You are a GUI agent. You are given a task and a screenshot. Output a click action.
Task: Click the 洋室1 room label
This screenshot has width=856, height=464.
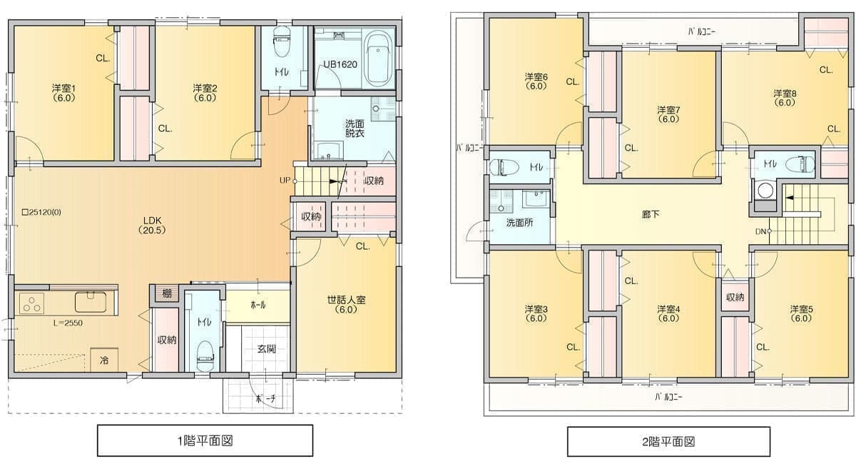[x=63, y=93]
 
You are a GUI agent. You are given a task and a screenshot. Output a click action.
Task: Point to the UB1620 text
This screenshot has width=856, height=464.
[x=340, y=64]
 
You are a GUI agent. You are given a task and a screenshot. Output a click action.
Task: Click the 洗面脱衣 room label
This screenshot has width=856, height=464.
[x=355, y=128]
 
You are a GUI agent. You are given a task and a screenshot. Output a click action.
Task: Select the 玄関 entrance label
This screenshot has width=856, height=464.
[x=267, y=350]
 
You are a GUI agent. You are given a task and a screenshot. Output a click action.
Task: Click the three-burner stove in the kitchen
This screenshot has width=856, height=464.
[x=31, y=303]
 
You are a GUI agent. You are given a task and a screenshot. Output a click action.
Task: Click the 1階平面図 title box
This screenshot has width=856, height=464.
[x=205, y=440]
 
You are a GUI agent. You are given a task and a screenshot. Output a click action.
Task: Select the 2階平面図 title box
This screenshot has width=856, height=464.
[x=668, y=442]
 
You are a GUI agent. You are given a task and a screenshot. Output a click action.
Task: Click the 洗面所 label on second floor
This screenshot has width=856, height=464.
[x=519, y=223]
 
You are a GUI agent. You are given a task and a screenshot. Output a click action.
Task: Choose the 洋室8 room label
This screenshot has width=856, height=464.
[x=785, y=98]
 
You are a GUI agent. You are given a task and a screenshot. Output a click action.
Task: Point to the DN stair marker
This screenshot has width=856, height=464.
[x=762, y=231]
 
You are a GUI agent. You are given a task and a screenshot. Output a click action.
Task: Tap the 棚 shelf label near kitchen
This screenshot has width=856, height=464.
[x=165, y=293]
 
